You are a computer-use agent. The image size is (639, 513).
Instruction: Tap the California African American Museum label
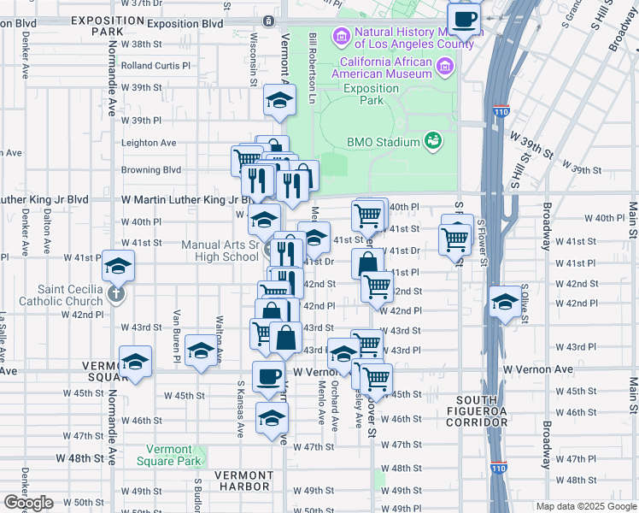coord(386,68)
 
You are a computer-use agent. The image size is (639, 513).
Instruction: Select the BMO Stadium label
coord(384,142)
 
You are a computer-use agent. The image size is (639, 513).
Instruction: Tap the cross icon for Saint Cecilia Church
coord(118,293)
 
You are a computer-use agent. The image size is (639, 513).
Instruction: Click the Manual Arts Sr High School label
coord(220,251)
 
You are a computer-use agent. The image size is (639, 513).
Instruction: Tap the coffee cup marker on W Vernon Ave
coord(269,377)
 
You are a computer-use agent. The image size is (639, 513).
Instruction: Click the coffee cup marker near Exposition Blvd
coord(464,18)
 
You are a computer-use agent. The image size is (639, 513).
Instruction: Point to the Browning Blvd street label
coord(151,170)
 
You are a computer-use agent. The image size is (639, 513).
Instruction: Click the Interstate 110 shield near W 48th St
coord(498,469)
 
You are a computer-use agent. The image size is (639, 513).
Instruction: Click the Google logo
coord(28,504)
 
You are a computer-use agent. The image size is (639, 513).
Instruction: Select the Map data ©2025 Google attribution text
coord(585,506)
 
